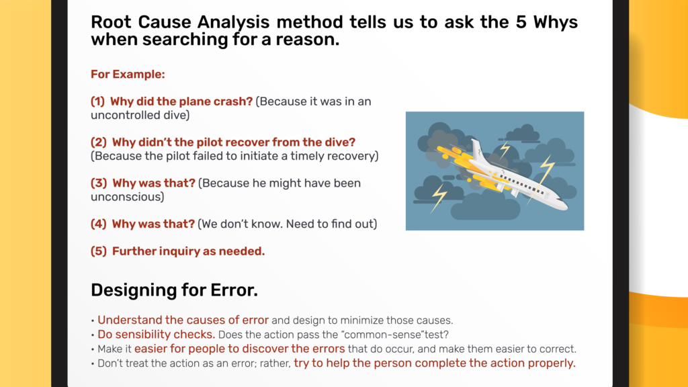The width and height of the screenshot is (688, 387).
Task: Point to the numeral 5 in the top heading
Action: tap(521, 22)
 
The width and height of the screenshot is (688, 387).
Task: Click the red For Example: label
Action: tap(128, 74)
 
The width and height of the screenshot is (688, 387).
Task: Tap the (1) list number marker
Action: tap(98, 101)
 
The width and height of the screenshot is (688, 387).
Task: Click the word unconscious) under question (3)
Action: tap(127, 197)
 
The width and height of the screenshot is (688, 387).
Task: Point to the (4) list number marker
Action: tap(99, 224)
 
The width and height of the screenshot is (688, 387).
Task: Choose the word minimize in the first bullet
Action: tap(361, 320)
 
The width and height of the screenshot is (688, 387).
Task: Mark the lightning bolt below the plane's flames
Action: tap(439, 198)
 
